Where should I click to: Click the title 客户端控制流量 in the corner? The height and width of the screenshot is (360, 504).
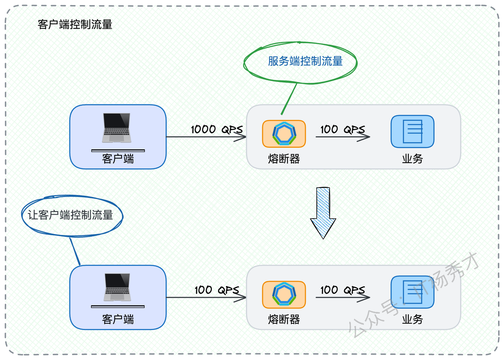click(x=75, y=24)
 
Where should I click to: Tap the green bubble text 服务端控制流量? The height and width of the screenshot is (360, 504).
click(x=305, y=61)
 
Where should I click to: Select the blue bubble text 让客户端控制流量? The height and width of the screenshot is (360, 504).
click(x=70, y=215)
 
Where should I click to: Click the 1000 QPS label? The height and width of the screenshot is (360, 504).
click(x=217, y=129)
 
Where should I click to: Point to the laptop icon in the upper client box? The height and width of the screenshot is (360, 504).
click(x=117, y=128)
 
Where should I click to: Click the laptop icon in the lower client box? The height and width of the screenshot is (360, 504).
click(x=117, y=287)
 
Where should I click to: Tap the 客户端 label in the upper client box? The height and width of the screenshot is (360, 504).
click(x=118, y=159)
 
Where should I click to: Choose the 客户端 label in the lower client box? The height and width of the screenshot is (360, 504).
click(x=118, y=319)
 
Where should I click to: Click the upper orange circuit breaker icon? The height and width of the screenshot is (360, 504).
click(x=284, y=134)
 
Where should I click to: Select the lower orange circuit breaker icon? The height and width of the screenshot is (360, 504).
click(x=284, y=295)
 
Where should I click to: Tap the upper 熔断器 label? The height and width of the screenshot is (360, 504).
click(x=284, y=159)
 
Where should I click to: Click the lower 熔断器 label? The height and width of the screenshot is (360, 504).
click(x=284, y=319)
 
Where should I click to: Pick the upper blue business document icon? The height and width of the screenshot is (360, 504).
click(x=412, y=132)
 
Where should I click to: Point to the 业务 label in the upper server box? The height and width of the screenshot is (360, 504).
click(x=412, y=159)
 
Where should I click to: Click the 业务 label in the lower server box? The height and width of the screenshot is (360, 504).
click(x=412, y=319)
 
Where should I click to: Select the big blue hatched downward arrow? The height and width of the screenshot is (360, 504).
click(x=323, y=213)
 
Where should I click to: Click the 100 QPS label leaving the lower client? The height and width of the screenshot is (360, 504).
click(x=217, y=290)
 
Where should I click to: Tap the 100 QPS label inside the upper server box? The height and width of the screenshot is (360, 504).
click(x=343, y=129)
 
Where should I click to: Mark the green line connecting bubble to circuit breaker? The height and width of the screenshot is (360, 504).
click(x=289, y=99)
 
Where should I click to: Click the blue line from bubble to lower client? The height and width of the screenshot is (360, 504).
click(x=75, y=252)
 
